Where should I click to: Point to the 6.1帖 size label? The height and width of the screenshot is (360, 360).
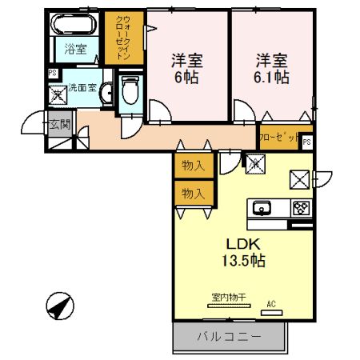coord(272,78)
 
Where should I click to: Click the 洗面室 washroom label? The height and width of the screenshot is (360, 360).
coord(83,88)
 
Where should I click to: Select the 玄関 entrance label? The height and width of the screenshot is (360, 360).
coord(59,124)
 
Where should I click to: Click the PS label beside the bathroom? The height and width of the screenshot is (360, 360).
coord(52,74)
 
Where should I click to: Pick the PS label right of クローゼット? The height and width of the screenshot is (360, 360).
coord(307,142)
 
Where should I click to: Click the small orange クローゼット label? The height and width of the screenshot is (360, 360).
coord(279,138)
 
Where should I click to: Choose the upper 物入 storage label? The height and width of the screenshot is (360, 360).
coord(193,166)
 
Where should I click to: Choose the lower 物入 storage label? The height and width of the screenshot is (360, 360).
coord(193,194)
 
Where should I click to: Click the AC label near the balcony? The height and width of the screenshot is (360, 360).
coord(271,303)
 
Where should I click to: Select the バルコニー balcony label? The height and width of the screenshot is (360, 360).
coord(229,337)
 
